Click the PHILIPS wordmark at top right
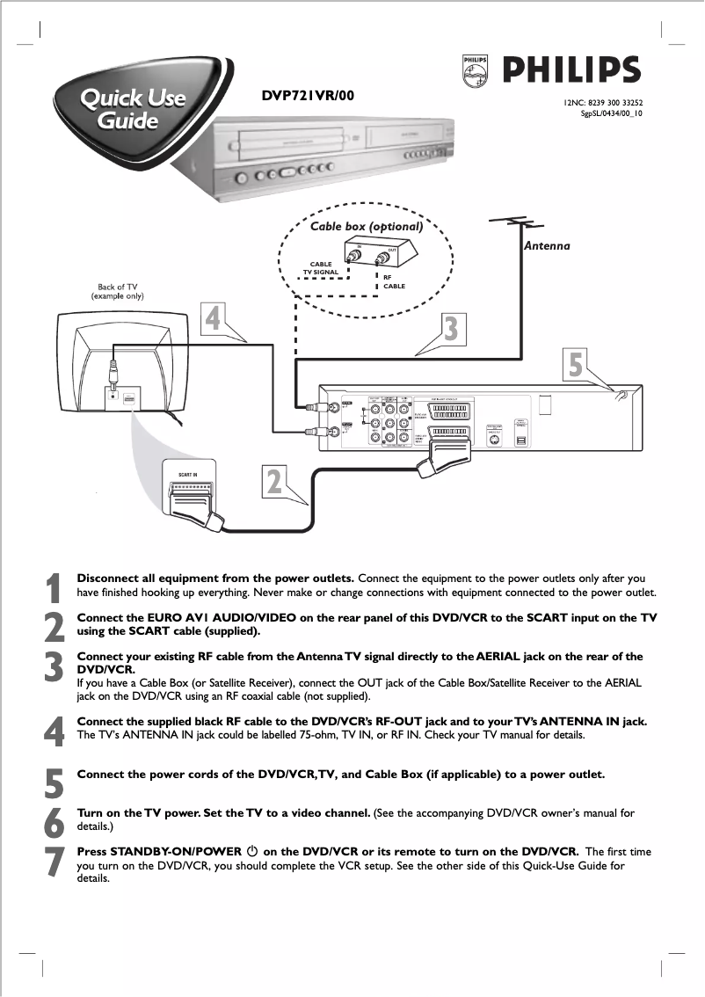(x=571, y=69)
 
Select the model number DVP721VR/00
(x=308, y=95)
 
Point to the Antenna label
(x=547, y=246)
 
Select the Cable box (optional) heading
(x=367, y=227)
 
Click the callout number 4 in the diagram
(x=212, y=318)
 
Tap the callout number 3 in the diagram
(x=450, y=329)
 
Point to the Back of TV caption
(x=118, y=291)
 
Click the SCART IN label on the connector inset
(x=188, y=475)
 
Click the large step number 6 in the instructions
(x=55, y=822)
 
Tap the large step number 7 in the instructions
(x=55, y=862)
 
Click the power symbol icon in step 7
(x=251, y=852)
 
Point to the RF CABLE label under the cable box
(x=394, y=282)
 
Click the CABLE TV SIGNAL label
(x=321, y=268)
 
